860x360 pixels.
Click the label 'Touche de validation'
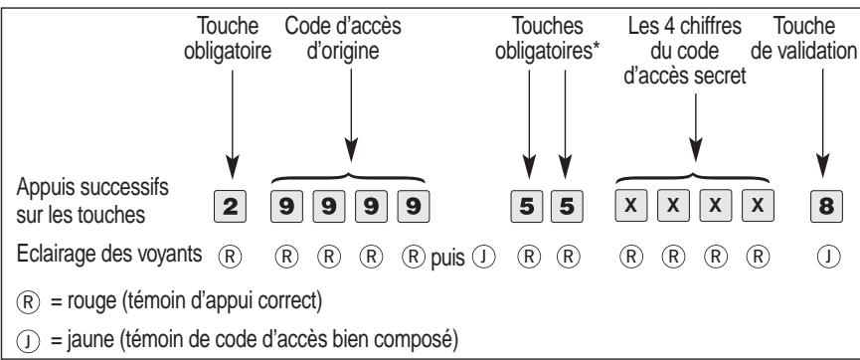coord(809,40)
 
